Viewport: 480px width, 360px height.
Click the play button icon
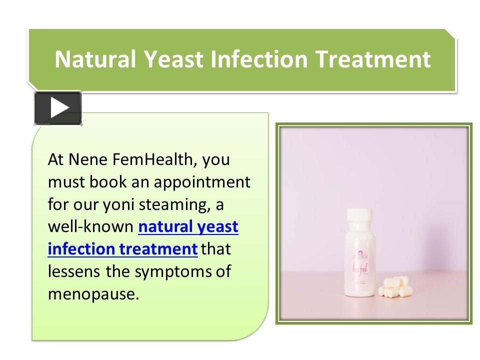click(58, 108)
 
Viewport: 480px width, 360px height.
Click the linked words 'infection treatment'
click(122, 248)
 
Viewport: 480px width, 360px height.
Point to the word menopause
click(92, 293)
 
